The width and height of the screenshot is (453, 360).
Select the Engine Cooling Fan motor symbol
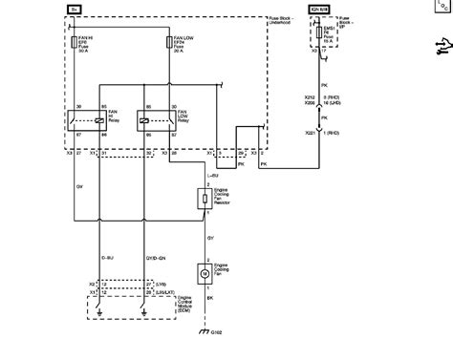point(205,274)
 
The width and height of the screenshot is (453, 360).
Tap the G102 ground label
point(219,333)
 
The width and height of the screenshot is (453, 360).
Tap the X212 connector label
point(308,96)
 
